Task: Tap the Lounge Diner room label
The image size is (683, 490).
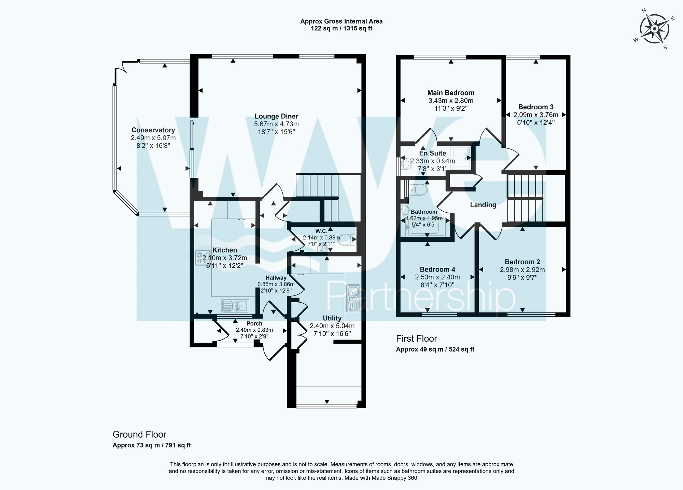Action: (276, 116)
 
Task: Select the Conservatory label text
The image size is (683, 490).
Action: (153, 130)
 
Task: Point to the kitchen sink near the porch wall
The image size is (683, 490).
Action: (236, 305)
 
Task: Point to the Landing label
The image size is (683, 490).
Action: (483, 205)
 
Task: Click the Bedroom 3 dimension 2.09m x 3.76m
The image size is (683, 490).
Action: (535, 115)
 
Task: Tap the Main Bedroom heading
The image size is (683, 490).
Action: (451, 93)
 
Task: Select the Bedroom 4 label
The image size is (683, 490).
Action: (437, 269)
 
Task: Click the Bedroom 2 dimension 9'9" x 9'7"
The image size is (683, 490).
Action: (522, 278)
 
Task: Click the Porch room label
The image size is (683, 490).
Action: (254, 323)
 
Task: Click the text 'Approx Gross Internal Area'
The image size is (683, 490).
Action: (341, 21)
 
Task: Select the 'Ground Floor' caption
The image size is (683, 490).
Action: (139, 434)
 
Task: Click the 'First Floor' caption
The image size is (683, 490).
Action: (416, 339)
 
